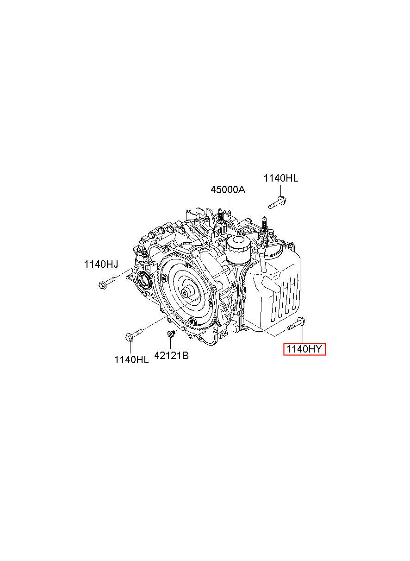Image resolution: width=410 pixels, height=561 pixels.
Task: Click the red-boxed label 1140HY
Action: pyautogui.click(x=305, y=349)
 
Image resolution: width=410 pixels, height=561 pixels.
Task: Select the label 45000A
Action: pyautogui.click(x=228, y=189)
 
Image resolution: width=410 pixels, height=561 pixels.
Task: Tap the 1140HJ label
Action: pyautogui.click(x=101, y=264)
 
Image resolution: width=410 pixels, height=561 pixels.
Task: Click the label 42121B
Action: pyautogui.click(x=171, y=356)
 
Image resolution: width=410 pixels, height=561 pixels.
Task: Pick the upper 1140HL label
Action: pyautogui.click(x=281, y=178)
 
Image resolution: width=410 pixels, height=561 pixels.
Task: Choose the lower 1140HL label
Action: pyautogui.click(x=131, y=359)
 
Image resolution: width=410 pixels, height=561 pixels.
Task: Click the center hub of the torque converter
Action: pyautogui.click(x=189, y=293)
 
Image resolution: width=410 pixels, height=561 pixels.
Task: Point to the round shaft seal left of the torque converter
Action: pyautogui.click(x=144, y=280)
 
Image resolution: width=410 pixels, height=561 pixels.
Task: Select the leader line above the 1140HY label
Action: pyautogui.click(x=302, y=334)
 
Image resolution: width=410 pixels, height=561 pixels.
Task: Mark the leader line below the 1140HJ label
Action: pyautogui.click(x=101, y=274)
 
